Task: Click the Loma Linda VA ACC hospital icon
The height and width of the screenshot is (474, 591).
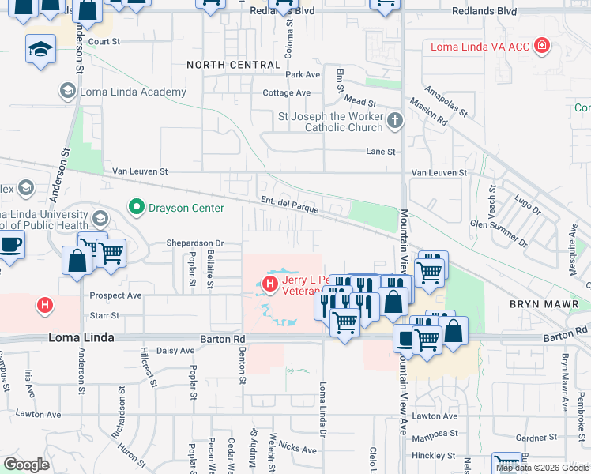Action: pyautogui.click(x=541, y=47)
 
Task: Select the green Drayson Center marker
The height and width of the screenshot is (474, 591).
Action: pyautogui.click(x=137, y=208)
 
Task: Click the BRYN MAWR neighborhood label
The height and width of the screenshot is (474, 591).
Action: pyautogui.click(x=544, y=304)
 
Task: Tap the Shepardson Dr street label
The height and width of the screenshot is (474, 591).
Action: pyautogui.click(x=195, y=243)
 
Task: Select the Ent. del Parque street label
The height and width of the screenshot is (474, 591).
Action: pyautogui.click(x=290, y=205)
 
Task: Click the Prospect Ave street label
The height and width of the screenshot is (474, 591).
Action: pyautogui.click(x=115, y=295)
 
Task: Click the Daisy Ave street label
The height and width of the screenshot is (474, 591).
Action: pyautogui.click(x=175, y=350)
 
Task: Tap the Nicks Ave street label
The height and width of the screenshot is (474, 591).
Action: pyautogui.click(x=297, y=448)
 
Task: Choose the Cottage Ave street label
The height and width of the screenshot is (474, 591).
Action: pyautogui.click(x=286, y=92)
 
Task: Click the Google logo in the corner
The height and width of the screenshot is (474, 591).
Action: pyautogui.click(x=26, y=465)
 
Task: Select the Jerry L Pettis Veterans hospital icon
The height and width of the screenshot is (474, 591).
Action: pyautogui.click(x=270, y=283)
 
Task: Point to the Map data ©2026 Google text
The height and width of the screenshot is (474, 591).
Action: pyautogui.click(x=543, y=468)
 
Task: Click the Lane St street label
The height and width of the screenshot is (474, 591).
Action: pyautogui.click(x=379, y=151)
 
